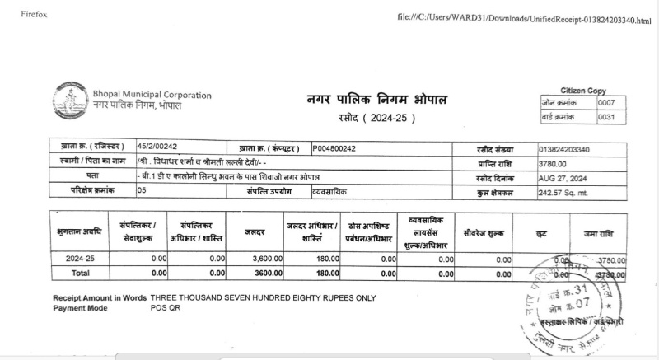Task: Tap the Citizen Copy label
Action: click(583, 90)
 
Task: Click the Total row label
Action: click(80, 273)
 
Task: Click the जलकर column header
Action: click(255, 233)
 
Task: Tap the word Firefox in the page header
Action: click(22, 15)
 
